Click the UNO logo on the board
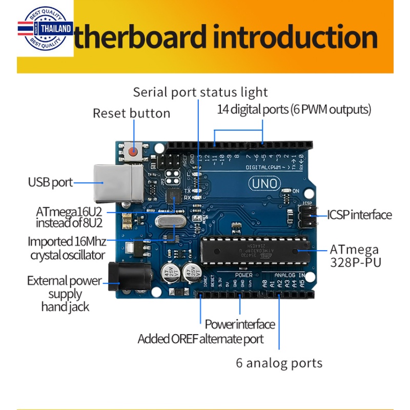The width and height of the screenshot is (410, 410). click(264, 183)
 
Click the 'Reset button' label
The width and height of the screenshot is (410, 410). click(131, 113)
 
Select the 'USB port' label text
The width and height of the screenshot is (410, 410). click(50, 182)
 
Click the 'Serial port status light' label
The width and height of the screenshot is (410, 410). click(200, 92)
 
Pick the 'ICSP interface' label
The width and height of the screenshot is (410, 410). click(359, 215)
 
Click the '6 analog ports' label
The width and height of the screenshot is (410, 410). click(279, 363)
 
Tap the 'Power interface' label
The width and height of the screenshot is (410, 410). click(240, 324)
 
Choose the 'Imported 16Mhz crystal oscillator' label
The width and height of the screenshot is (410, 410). click(67, 248)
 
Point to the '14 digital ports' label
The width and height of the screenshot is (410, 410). click(294, 109)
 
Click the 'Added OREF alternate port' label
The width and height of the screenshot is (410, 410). click(200, 339)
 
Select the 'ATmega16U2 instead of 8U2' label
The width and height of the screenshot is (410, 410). click(69, 217)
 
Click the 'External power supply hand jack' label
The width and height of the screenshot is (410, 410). click(64, 294)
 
